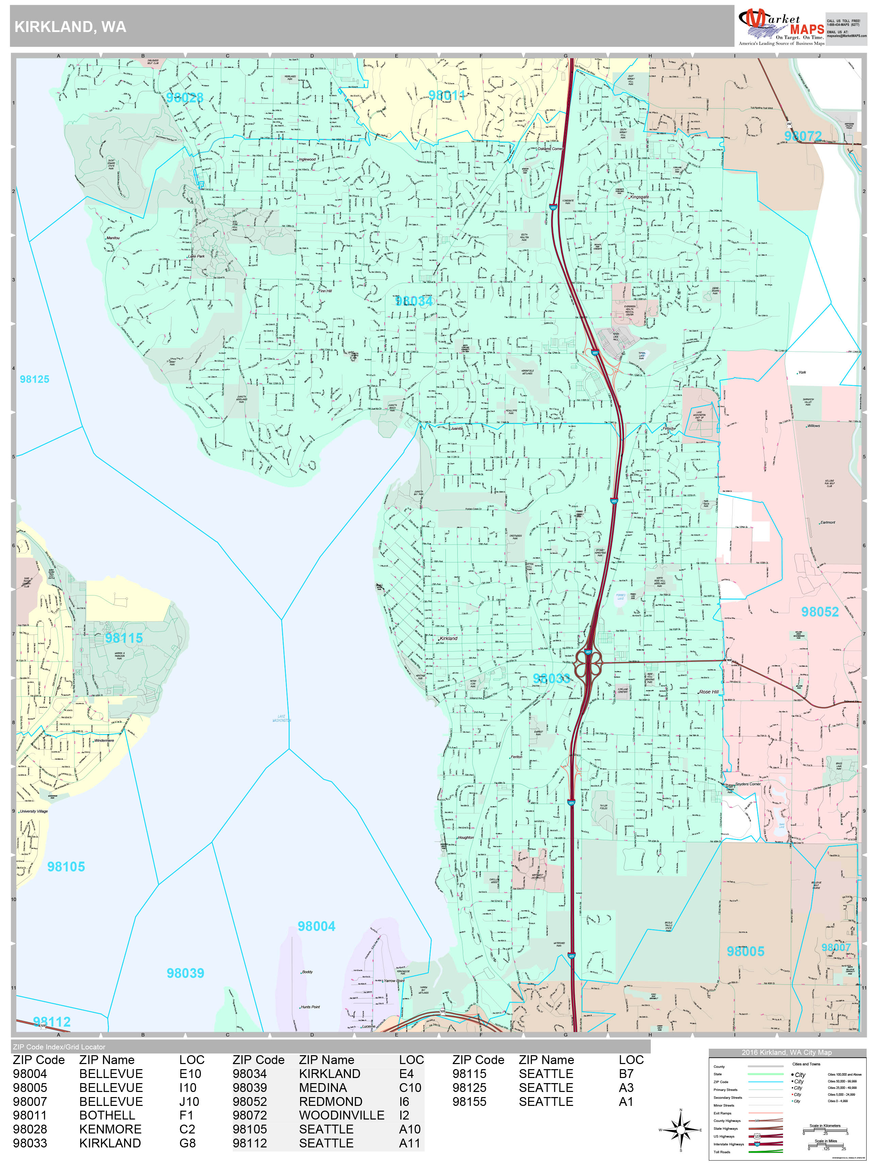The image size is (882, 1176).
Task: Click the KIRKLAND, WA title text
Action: [70, 27]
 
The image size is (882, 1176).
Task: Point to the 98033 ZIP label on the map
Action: [551, 679]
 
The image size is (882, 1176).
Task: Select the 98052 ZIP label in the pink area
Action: [820, 612]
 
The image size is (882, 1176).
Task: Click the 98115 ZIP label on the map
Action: [124, 638]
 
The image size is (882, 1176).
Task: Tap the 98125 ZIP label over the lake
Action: [35, 379]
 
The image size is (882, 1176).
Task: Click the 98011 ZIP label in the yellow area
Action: [446, 95]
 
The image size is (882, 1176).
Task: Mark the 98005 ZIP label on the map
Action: [745, 952]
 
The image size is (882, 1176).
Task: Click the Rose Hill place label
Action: [709, 692]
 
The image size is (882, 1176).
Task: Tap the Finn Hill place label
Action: [325, 291]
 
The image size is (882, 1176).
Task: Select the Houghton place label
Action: [466, 837]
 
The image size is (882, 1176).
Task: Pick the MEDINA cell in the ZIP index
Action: [323, 1088]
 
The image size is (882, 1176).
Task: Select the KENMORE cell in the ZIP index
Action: [110, 1129]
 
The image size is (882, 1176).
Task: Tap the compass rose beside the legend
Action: [681, 1130]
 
